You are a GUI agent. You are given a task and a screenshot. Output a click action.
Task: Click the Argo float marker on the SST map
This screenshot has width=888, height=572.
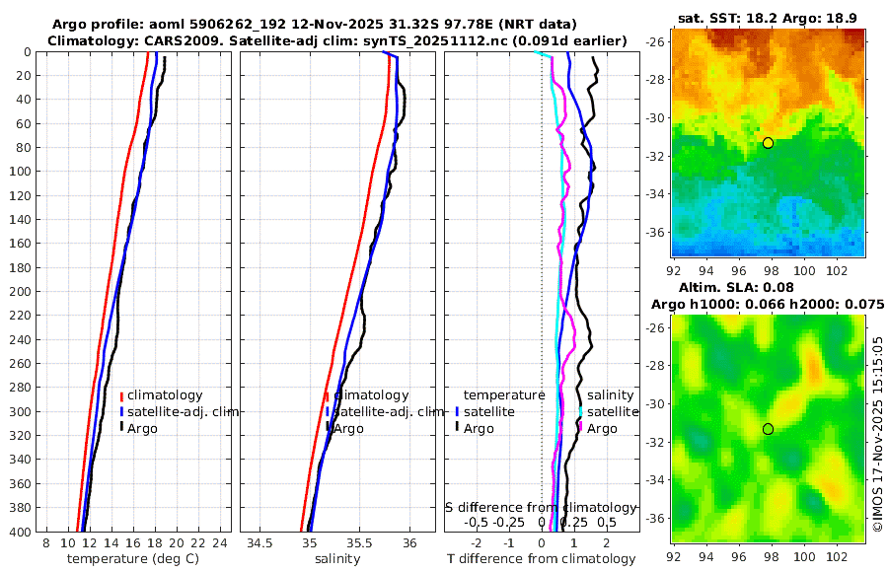pyautogui.click(x=768, y=143)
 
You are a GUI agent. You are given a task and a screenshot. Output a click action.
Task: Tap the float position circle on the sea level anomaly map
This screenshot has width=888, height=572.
pyautogui.click(x=768, y=429)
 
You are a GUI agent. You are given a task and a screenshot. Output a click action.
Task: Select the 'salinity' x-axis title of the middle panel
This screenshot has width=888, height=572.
pyautogui.click(x=337, y=559)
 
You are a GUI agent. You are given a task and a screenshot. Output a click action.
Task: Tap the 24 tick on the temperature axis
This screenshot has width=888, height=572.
pyautogui.click(x=221, y=542)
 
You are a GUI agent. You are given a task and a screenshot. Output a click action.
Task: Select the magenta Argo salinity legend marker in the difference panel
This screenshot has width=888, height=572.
pyautogui.click(x=581, y=428)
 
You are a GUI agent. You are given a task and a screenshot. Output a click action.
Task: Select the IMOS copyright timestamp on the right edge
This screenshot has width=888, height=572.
pyautogui.click(x=878, y=435)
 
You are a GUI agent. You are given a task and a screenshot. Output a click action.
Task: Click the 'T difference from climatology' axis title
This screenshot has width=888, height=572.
pyautogui.click(x=541, y=559)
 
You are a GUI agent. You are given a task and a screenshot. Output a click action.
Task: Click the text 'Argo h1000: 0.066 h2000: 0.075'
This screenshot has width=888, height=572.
pyautogui.click(x=768, y=305)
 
